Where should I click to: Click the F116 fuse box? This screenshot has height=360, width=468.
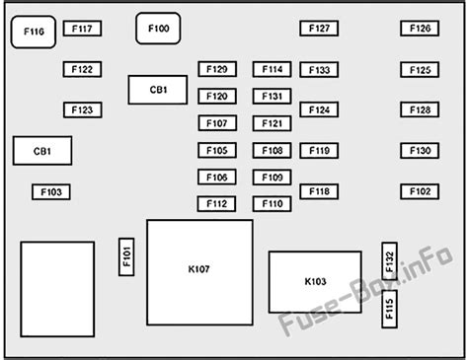pos(34,32)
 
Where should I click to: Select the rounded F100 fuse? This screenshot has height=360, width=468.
pos(158,29)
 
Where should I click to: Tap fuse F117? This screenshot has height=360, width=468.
pos(82,29)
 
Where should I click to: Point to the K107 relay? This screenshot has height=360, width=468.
pos(199,272)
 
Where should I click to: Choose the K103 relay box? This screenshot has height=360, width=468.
pos(315,282)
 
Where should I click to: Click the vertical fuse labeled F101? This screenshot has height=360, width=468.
pos(126,256)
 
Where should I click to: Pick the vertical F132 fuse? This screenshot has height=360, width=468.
pos(389,261)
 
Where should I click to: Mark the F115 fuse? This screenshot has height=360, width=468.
pos(389,309)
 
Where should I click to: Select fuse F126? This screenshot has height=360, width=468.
pos(420,29)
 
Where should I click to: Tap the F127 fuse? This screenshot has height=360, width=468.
pos(319,29)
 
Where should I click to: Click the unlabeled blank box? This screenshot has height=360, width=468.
pos(57,289)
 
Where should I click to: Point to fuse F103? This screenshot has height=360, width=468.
pos(51,191)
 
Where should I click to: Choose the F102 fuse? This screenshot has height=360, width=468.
pos(420,191)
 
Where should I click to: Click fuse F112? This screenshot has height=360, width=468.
pos(216,204)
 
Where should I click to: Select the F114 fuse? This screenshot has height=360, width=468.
pos(272,69)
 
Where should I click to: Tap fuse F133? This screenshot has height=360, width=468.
pos(319,70)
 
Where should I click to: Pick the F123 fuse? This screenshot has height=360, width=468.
pos(83,109)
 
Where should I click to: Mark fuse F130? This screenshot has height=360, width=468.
pos(420,151)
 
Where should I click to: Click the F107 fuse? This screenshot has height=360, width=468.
pos(217,123)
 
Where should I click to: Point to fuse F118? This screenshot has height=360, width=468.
pos(319,191)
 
